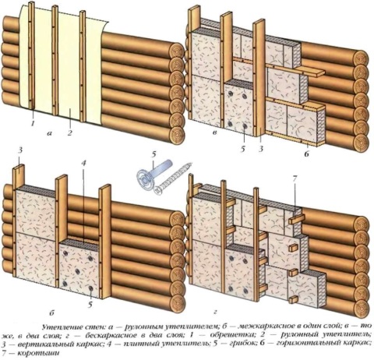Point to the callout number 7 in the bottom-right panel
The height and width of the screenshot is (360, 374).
[294, 181]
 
